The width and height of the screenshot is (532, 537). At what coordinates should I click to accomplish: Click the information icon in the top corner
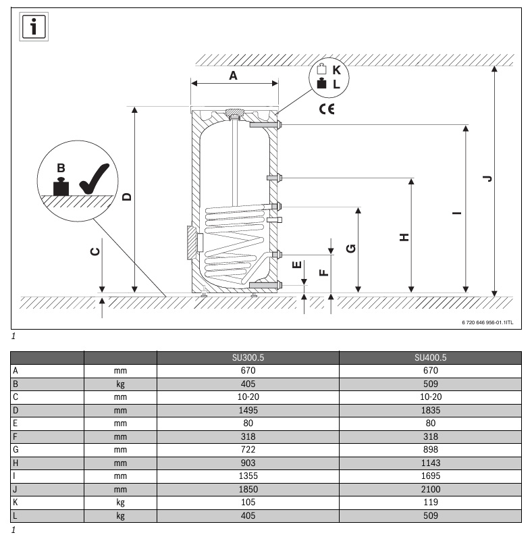click(34, 27)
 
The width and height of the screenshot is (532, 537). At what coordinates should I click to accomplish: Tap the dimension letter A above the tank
click(233, 76)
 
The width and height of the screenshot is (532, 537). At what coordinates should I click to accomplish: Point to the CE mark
click(327, 109)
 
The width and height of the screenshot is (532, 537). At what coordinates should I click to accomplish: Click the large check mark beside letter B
click(94, 178)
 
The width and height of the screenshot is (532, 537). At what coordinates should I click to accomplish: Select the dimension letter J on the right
click(487, 178)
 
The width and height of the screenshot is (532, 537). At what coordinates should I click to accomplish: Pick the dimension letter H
click(404, 237)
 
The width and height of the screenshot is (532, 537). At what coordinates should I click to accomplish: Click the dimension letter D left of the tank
click(127, 197)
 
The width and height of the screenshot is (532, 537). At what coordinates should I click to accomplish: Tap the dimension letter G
click(351, 249)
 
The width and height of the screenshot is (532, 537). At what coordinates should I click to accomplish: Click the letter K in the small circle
click(336, 70)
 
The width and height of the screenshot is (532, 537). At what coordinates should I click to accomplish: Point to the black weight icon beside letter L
click(321, 83)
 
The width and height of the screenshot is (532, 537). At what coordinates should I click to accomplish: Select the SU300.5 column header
click(248, 357)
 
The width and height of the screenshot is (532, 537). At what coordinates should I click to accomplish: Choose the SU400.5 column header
click(430, 357)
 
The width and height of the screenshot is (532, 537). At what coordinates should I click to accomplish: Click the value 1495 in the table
click(248, 410)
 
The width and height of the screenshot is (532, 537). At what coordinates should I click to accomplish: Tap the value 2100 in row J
click(431, 489)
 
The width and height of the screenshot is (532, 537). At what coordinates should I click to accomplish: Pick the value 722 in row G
click(248, 449)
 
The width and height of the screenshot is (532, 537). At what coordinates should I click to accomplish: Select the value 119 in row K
click(431, 502)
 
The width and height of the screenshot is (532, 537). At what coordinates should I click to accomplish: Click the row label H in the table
click(16, 463)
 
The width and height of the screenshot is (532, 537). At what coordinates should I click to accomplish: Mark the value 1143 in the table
click(431, 463)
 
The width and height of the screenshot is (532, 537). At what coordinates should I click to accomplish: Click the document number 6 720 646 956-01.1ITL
click(487, 322)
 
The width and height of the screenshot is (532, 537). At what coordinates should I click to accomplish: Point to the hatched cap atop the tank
click(234, 112)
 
